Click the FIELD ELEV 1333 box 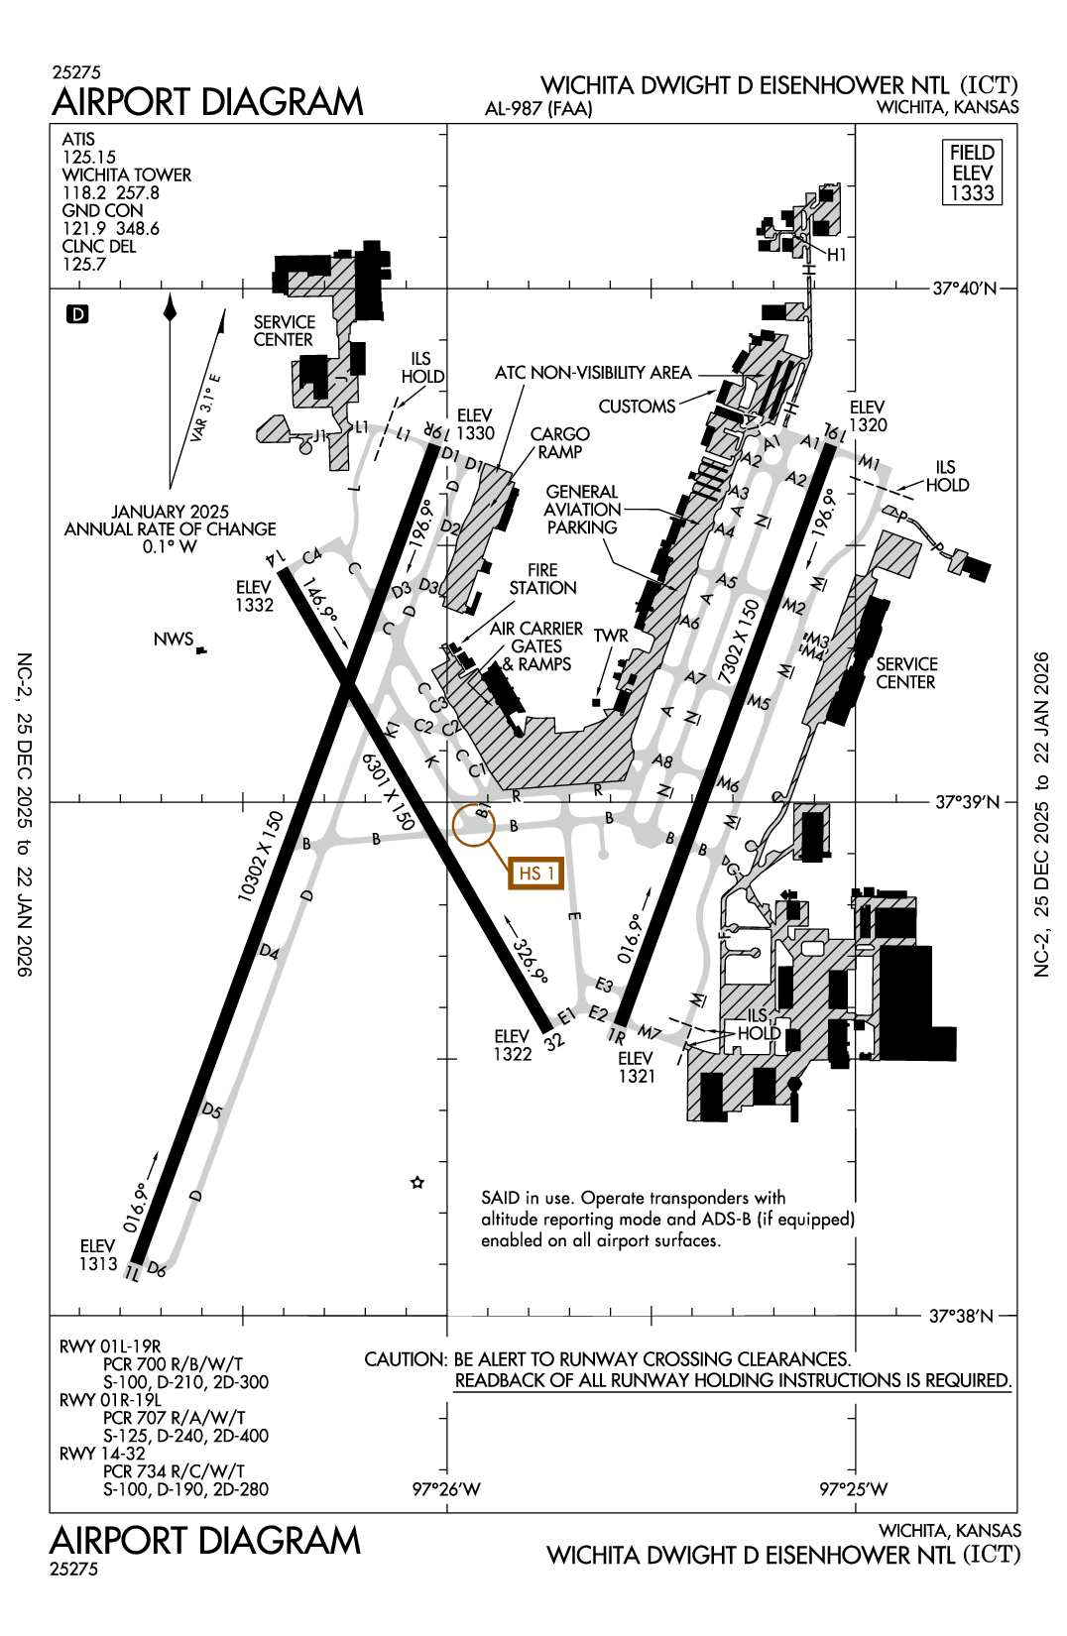pos(971,173)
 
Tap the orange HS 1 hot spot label pos(535,873)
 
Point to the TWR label pos(611,636)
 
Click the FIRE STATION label pos(542,579)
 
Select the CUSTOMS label pos(637,407)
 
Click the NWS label pos(174,640)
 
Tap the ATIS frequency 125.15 pos(89,157)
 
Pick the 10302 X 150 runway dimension pos(260,857)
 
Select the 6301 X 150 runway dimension pos(388,790)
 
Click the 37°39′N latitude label pos(967,801)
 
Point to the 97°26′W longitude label pos(446,1489)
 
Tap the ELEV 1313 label pos(98,1255)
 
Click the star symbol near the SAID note pos(417,1182)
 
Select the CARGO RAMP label pos(559,443)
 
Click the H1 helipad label pos(837,255)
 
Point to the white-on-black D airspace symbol pos(77,314)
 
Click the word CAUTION pos(405,1359)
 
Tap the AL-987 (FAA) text pos(538,108)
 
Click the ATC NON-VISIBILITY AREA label pos(593,373)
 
